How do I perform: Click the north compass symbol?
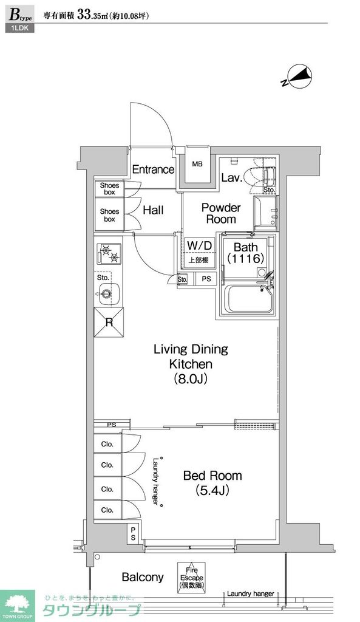coord(298,77)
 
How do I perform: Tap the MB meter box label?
coord(197,163)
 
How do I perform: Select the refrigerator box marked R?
coord(109,322)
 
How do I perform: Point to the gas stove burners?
coord(109,254)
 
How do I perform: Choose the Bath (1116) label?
coord(246,253)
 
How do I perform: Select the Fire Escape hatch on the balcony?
coord(191,578)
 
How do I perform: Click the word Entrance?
coord(153,170)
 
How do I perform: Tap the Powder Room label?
coord(221,213)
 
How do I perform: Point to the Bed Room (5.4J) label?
coord(212,483)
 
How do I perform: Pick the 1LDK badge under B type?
coord(20,28)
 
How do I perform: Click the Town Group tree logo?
coord(18,606)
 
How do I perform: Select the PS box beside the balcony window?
coord(133,534)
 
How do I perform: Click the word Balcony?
coord(143,577)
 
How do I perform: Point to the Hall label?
coord(153,210)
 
